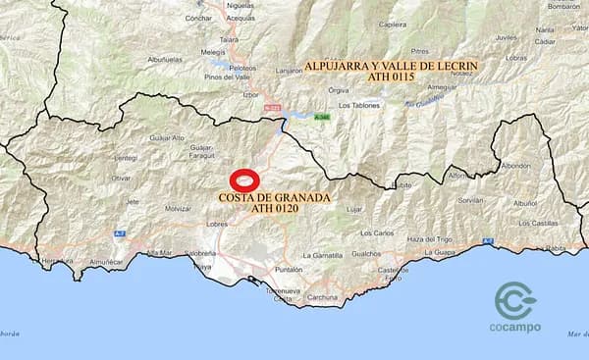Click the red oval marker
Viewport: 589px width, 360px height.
pos(244,180)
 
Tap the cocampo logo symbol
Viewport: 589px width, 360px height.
pos(515,301)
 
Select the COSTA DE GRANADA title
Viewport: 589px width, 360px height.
pos(275,197)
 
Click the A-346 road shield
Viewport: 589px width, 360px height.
pos(322,117)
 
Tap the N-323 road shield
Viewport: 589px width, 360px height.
pos(273,109)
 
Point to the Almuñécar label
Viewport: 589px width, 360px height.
pos(106,262)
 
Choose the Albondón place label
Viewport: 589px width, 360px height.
pos(514,166)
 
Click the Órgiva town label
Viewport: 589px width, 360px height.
pos(339,89)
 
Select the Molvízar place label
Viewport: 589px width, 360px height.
pos(178,209)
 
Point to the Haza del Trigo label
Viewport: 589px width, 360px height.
pos(429,239)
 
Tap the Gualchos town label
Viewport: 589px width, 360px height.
pos(366,253)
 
